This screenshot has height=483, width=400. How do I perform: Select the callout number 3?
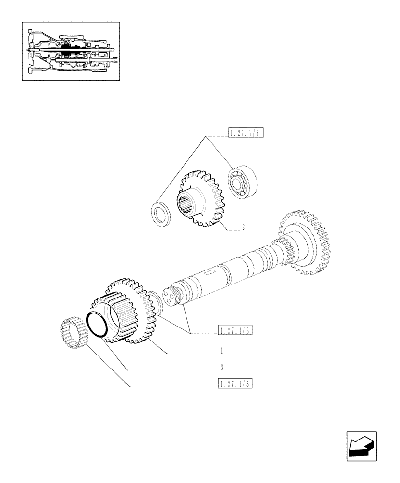tap(221, 367)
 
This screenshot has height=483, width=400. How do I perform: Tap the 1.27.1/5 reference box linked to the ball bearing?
tap(245, 133)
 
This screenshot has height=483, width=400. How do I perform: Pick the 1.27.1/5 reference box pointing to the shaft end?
tap(235, 330)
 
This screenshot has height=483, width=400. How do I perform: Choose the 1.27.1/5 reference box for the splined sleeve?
tap(235, 384)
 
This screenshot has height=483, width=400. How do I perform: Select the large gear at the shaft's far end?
tap(304, 241)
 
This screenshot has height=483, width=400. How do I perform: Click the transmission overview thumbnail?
tap(71, 51)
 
